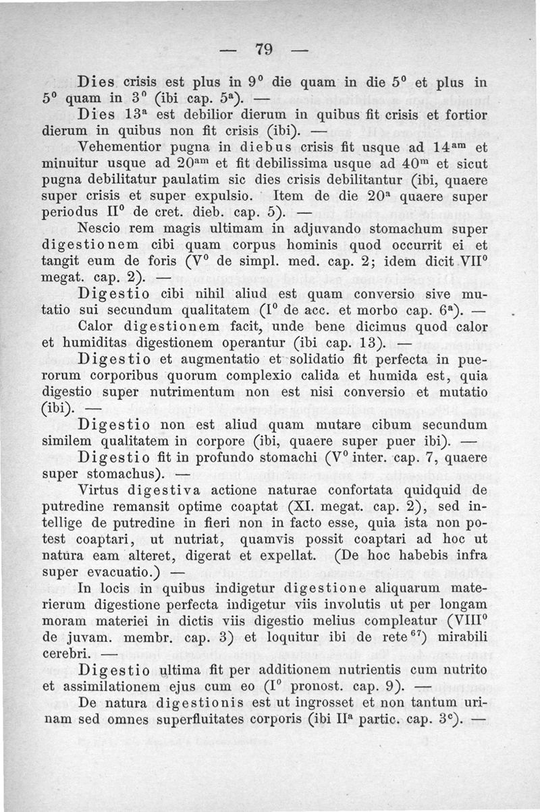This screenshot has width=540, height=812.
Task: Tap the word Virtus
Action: [x=100, y=489]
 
